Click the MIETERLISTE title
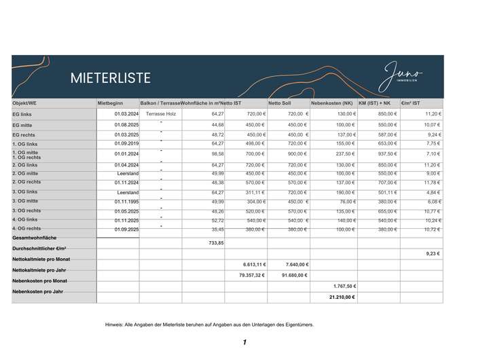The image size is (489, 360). [x=111, y=78]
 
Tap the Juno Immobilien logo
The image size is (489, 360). [x=402, y=73]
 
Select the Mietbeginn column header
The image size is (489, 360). [x=110, y=103]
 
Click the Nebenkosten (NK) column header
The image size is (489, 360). [x=331, y=103]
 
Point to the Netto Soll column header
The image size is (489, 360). [x=279, y=103]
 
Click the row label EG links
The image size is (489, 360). [x=22, y=115]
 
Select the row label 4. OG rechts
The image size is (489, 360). [x=26, y=229]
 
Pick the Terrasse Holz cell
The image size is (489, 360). [x=161, y=114]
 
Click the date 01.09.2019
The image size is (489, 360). [x=126, y=143]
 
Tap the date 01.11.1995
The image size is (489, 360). [x=126, y=202]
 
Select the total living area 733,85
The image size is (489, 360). [x=216, y=242]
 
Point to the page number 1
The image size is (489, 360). [x=244, y=343]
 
